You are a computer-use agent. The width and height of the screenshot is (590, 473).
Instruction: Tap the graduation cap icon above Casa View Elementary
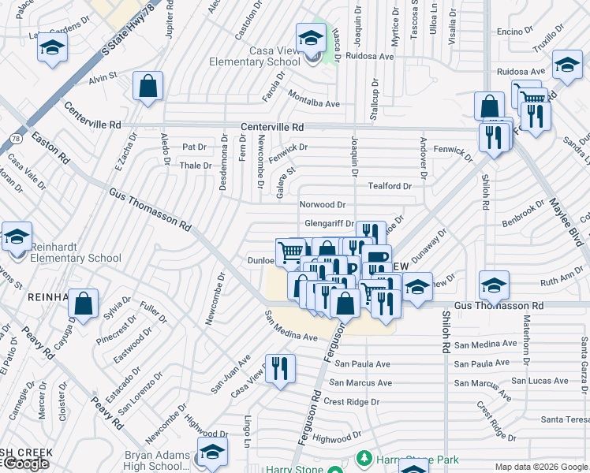(x=311, y=37)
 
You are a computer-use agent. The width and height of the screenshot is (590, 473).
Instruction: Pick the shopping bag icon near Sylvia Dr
(x=83, y=304)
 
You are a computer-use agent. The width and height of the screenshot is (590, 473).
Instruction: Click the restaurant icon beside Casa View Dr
(x=280, y=368)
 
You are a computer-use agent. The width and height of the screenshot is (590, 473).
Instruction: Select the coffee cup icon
(x=377, y=258)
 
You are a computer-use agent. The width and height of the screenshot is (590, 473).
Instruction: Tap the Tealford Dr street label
(x=390, y=186)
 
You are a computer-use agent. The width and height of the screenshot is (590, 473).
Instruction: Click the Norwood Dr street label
(x=323, y=204)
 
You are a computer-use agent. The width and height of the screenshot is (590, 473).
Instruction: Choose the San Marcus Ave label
(x=360, y=383)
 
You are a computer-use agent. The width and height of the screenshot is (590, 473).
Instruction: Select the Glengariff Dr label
(x=328, y=223)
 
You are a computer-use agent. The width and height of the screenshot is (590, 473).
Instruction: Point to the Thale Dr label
(x=196, y=166)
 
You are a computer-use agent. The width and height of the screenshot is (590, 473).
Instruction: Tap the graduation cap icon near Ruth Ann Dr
(x=494, y=284)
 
